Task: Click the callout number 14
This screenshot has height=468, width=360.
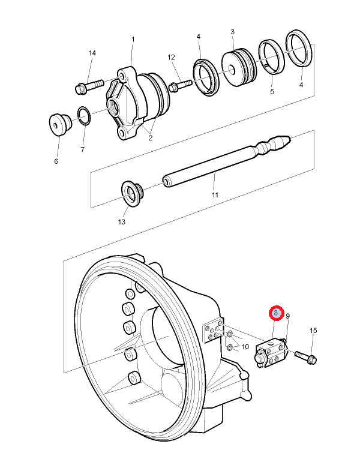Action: [x=92, y=53]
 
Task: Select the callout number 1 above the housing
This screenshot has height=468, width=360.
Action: [x=133, y=40]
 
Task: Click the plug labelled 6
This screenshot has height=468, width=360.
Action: [x=60, y=124]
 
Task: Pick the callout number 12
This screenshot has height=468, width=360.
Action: [x=171, y=58]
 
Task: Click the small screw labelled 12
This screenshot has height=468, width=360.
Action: [x=180, y=85]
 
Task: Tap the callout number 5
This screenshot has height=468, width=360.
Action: [x=272, y=92]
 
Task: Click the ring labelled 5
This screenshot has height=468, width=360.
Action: [x=271, y=57]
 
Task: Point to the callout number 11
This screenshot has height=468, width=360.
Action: [x=215, y=195]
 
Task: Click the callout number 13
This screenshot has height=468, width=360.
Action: [x=122, y=222]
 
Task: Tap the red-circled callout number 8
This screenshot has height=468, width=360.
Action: [x=276, y=313]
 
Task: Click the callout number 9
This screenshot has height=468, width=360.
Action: [x=288, y=316]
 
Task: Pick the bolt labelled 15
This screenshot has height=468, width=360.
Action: [x=305, y=356]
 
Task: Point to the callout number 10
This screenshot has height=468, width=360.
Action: [x=245, y=347]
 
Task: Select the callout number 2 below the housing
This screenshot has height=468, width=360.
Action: [x=150, y=138]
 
